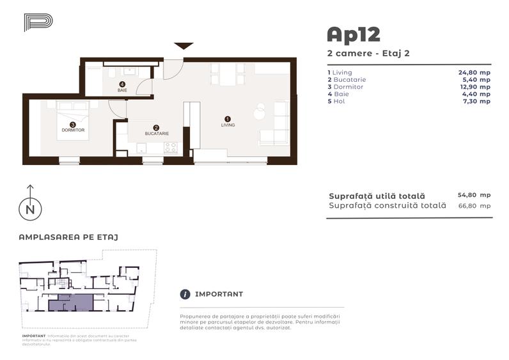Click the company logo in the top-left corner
[x=38, y=22]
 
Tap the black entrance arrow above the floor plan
[x=184, y=45]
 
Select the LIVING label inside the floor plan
[x=228, y=125]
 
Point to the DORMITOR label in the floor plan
[x=73, y=130]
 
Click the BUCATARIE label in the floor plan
[x=156, y=134]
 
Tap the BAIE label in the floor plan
[x=122, y=90]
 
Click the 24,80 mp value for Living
[x=474, y=73]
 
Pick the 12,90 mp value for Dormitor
[x=474, y=87]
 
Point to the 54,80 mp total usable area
[x=474, y=195]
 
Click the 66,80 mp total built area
[x=474, y=206]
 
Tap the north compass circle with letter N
[x=29, y=209]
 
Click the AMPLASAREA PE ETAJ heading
[x=68, y=237]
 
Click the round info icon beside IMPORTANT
[x=185, y=294]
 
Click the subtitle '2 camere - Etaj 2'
[x=368, y=53]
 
